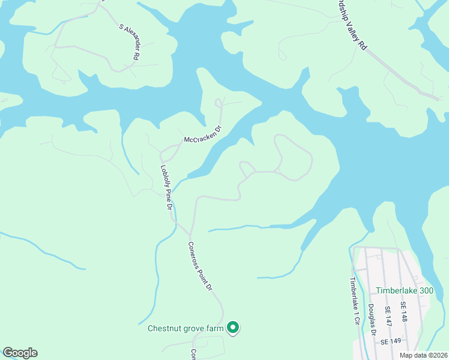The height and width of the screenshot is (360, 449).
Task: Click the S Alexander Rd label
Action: point(129,41)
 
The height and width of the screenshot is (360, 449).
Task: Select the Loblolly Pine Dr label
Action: point(166,188)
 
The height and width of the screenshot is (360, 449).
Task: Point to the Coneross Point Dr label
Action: point(200,266)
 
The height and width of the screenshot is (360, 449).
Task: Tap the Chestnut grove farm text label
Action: point(185,328)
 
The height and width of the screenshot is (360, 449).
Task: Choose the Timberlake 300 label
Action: point(404,290)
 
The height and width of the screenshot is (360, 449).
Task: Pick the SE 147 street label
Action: point(388,316)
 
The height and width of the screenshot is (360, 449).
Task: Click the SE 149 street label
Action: point(390,341)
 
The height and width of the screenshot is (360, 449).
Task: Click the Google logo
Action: point(20,353)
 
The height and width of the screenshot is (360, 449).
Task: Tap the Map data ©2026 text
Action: point(424,355)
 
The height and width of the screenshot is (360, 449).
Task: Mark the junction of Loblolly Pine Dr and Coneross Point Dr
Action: point(190,235)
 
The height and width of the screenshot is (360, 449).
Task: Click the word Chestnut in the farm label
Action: point(164,328)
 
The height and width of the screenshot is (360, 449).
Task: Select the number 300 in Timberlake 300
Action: point(424,290)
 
